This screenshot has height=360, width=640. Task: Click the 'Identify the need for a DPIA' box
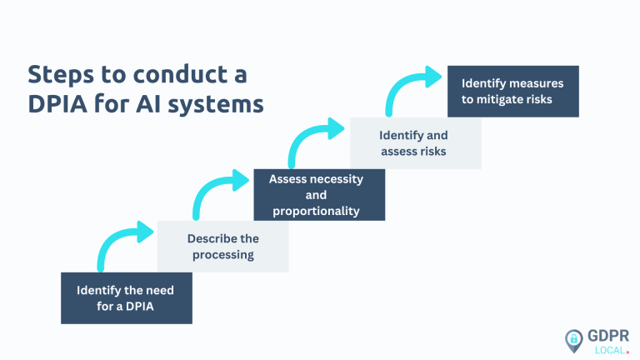click(126, 297)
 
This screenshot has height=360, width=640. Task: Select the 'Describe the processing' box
click(222, 247)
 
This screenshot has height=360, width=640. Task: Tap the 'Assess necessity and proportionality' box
click(319, 195)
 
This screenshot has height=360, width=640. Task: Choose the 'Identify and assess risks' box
click(414, 142)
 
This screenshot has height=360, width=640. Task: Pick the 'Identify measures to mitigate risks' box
click(512, 91)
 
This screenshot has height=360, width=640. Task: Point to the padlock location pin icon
click(574, 339)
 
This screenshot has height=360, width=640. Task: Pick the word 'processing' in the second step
click(222, 254)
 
